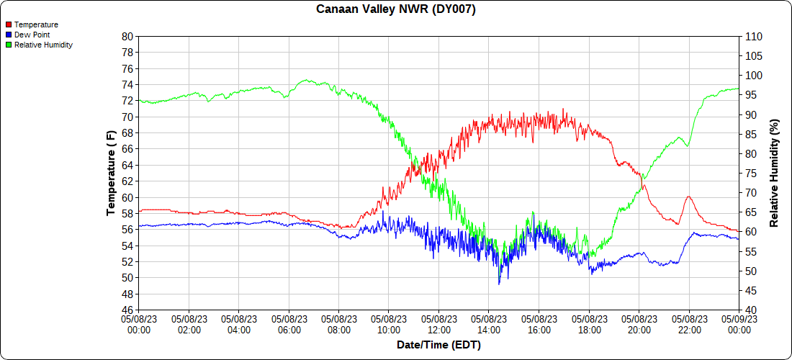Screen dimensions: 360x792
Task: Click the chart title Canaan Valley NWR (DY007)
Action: click(396, 9)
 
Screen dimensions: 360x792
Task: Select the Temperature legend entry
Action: click(36, 24)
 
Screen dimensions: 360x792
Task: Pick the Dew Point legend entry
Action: click(32, 35)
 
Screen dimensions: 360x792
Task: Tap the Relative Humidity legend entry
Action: click(43, 45)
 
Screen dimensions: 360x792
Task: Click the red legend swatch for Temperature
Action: click(9, 24)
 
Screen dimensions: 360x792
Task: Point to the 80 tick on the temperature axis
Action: click(127, 36)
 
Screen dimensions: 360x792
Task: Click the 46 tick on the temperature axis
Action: click(127, 310)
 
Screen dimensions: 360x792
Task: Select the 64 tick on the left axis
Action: click(127, 165)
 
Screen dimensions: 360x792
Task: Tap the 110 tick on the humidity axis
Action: click(753, 36)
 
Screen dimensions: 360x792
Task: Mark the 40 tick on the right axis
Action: click(750, 310)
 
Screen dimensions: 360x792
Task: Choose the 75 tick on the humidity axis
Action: click(750, 174)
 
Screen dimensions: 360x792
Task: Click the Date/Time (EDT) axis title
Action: click(438, 345)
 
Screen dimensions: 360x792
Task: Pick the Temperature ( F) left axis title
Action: click(111, 174)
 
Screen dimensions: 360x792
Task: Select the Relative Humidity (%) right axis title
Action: click(774, 174)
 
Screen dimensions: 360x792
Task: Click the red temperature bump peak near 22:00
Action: click(689, 196)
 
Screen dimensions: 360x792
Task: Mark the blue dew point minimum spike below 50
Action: click(499, 284)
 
